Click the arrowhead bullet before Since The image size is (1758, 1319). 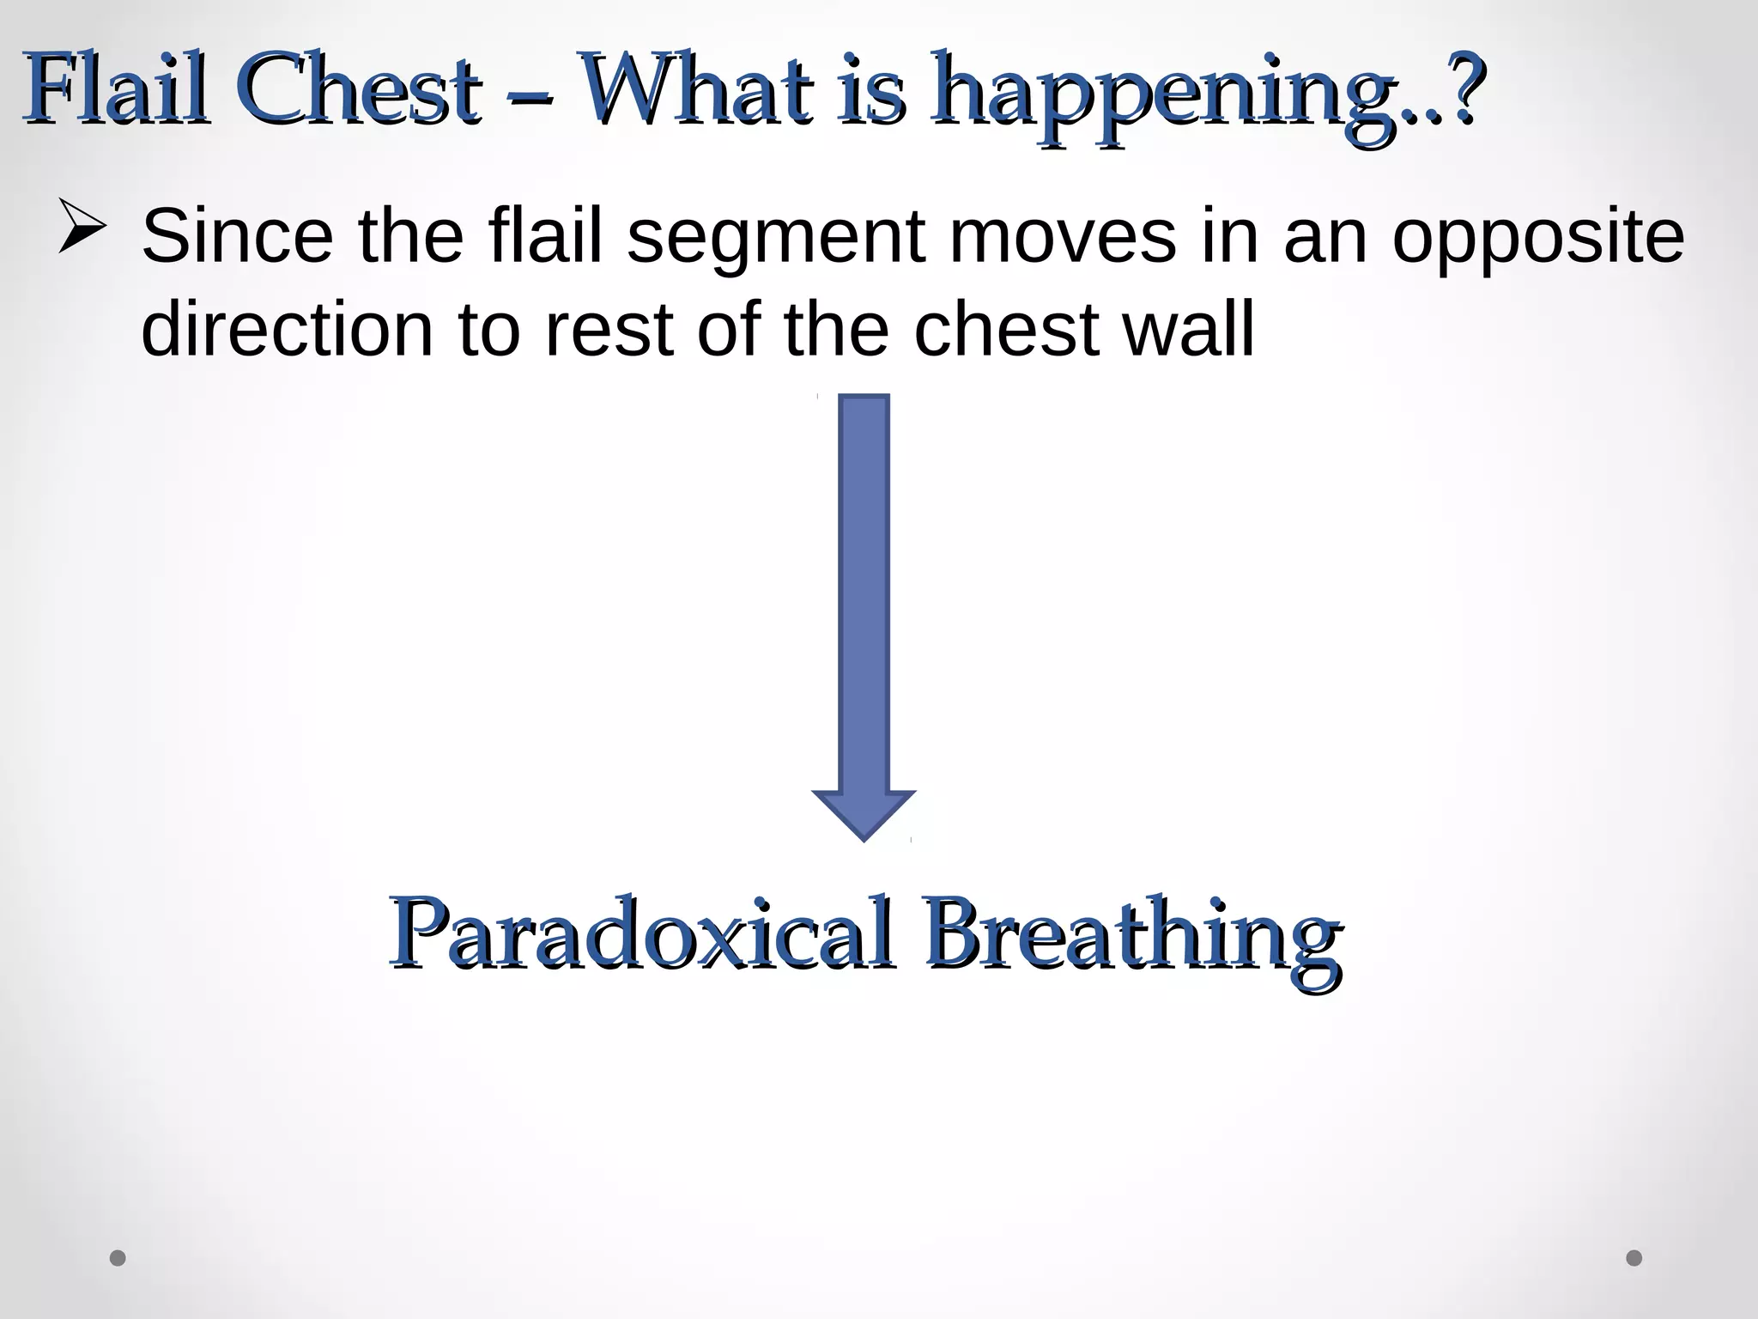click(82, 226)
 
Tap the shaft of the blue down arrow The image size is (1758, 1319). click(864, 593)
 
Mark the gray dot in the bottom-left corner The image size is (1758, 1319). click(118, 1257)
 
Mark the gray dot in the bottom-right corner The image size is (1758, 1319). click(1634, 1257)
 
